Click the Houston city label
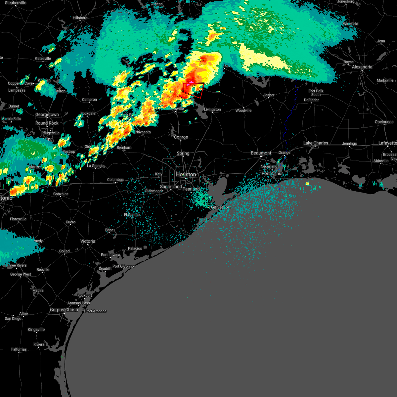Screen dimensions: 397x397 [x=186, y=174]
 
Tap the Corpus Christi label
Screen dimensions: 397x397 [x=64, y=310]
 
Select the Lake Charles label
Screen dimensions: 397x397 [x=316, y=143]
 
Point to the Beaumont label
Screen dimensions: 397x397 [x=261, y=153]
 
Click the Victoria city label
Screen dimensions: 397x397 [x=88, y=241]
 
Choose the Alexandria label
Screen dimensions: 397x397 [x=362, y=67]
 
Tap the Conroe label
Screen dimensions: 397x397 [x=181, y=137]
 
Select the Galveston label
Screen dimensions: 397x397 [x=220, y=207]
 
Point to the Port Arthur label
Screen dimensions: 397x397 [x=272, y=173]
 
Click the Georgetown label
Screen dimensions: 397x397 [x=47, y=115]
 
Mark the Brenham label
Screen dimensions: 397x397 [x=124, y=148]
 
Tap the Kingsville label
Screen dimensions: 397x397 [x=36, y=330]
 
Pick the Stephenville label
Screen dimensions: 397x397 [x=16, y=3]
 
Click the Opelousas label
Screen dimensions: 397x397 [x=384, y=122]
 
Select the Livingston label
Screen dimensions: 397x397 [x=212, y=110]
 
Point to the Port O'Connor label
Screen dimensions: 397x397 [x=124, y=266]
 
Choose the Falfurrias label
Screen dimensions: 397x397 [x=19, y=349]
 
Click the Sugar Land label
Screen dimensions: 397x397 [x=171, y=187]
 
